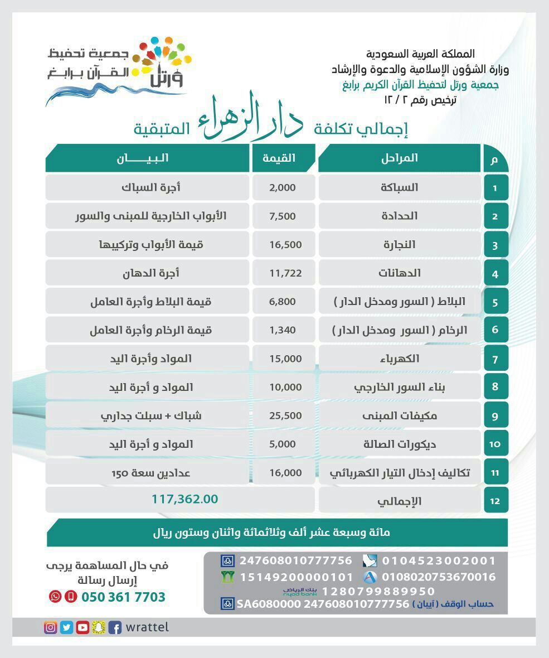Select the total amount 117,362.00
click(184, 499)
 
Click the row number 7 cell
click(495, 359)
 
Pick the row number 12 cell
click(495, 501)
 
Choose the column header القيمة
click(283, 158)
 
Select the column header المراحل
click(399, 158)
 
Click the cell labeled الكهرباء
click(399, 359)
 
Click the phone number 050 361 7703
click(123, 597)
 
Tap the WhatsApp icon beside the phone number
click(55, 597)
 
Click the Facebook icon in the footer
click(115, 627)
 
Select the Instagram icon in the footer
click(51, 627)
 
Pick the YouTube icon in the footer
click(82, 627)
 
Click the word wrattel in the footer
click(147, 627)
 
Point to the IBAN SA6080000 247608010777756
click(323, 604)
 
